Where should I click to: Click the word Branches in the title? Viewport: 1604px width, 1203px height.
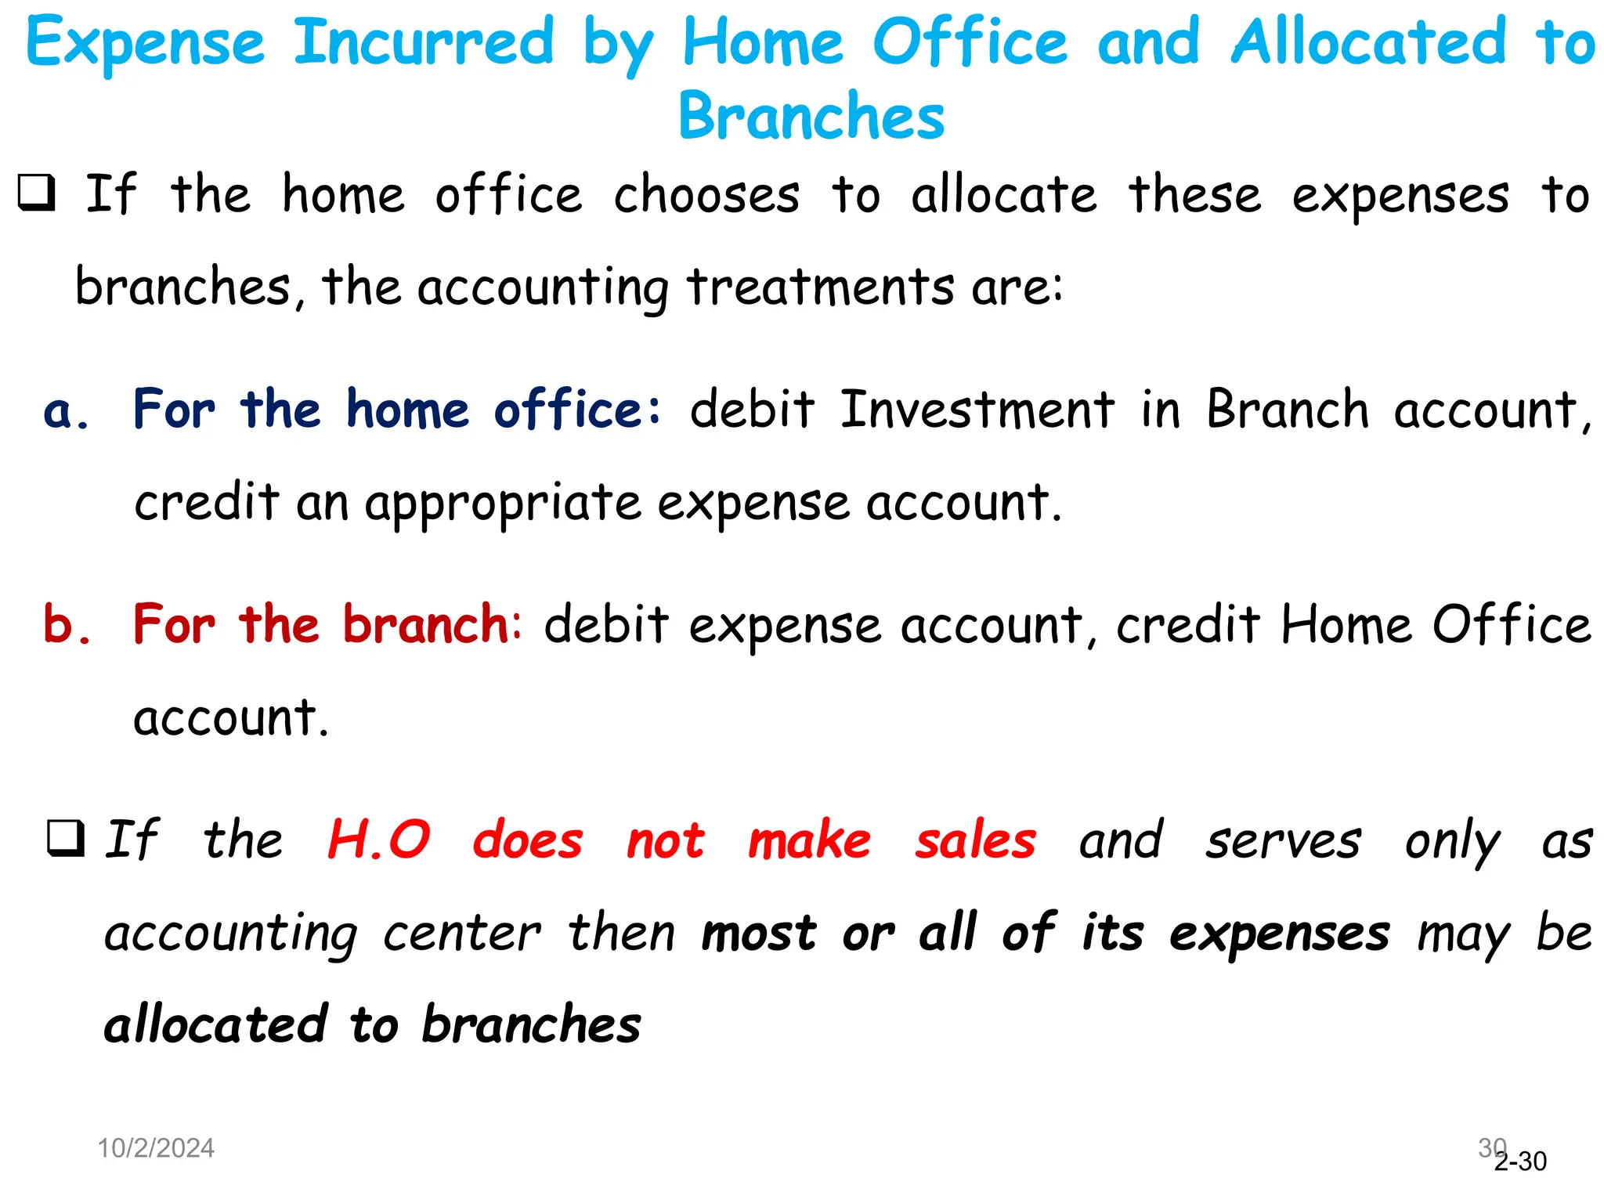(x=811, y=117)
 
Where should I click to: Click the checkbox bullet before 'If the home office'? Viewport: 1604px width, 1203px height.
(x=37, y=193)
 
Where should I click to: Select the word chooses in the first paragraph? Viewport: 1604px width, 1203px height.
(x=706, y=195)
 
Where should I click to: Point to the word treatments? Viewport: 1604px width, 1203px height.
(x=820, y=287)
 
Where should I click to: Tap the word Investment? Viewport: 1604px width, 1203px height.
(x=977, y=410)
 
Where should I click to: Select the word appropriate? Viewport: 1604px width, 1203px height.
(x=503, y=504)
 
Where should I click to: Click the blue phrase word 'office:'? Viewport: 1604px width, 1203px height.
(x=578, y=410)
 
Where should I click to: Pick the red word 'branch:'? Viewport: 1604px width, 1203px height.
(x=432, y=626)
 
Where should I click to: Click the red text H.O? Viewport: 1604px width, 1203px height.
(x=378, y=840)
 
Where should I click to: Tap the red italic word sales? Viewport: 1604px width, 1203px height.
(x=975, y=841)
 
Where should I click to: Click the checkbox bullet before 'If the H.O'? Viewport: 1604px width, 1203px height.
(x=66, y=839)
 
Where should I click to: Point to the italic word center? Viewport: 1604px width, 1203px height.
(x=461, y=934)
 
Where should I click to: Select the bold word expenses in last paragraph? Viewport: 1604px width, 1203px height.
(x=1279, y=934)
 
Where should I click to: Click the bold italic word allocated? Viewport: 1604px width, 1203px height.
(x=216, y=1024)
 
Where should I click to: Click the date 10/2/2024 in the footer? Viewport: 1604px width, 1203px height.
(x=156, y=1148)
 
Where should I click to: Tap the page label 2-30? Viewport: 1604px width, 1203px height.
(x=1521, y=1161)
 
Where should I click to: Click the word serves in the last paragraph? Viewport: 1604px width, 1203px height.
(x=1283, y=841)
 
